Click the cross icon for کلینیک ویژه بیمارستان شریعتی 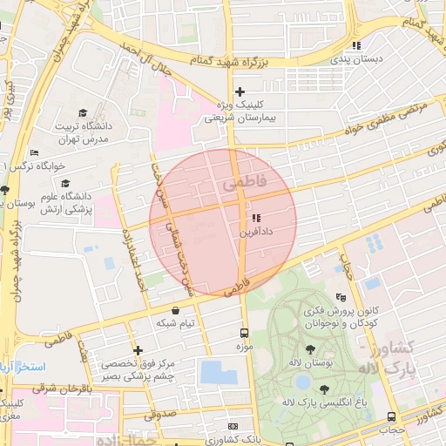coord(240,91)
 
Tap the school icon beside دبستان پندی coord(355,45)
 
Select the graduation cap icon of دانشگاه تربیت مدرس coord(83,113)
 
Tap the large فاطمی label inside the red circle coord(240,185)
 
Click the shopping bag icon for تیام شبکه coord(176,309)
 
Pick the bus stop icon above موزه coord(244,332)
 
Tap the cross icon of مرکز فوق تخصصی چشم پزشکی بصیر coord(137,350)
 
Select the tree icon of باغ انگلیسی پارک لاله coord(287,402)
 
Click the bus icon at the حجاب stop coord(391,417)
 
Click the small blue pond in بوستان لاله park coord(302,382)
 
